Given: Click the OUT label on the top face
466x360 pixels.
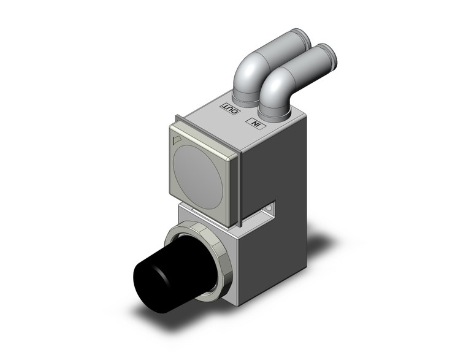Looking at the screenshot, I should pos(229,109).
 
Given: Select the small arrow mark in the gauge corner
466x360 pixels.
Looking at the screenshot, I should pos(177,140).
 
